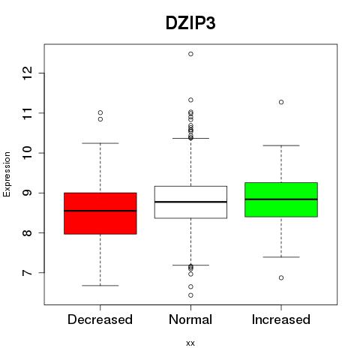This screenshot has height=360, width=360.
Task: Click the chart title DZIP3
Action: tap(190, 23)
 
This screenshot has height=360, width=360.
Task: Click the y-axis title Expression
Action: tap(7, 174)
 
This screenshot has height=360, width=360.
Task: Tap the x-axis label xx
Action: tap(190, 343)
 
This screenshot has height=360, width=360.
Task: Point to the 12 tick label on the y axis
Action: tap(28, 73)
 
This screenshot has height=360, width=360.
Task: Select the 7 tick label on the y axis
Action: tap(28, 272)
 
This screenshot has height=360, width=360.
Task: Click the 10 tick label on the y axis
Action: tap(28, 153)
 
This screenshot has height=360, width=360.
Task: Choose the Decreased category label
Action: tap(100, 319)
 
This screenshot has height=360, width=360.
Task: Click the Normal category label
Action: tap(190, 319)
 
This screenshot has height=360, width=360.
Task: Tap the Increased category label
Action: tap(281, 319)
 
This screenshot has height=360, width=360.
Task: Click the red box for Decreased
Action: tap(100, 213)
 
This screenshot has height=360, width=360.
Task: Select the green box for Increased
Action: tap(281, 199)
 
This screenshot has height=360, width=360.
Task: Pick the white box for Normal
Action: tap(190, 202)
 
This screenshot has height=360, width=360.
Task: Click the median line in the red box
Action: tap(100, 211)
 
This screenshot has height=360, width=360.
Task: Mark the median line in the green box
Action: tap(281, 199)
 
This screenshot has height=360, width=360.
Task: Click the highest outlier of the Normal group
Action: tap(190, 54)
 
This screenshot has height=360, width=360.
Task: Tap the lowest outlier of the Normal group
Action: tap(190, 295)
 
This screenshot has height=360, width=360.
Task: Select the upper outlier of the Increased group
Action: tap(281, 102)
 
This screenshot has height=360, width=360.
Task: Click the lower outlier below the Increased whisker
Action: tap(281, 277)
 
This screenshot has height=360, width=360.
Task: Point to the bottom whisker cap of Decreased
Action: tap(100, 285)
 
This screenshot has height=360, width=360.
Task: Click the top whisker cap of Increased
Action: tap(281, 145)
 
